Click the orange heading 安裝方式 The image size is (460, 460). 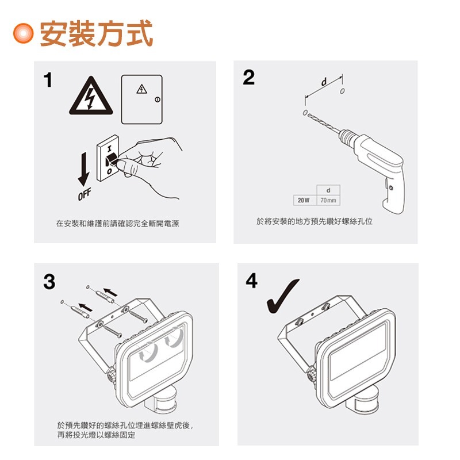(x=96, y=34)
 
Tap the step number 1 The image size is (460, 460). (x=49, y=79)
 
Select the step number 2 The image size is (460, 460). (x=248, y=78)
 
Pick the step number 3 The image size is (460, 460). (x=49, y=282)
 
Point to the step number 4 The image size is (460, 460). (x=251, y=281)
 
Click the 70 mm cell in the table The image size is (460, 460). (x=328, y=200)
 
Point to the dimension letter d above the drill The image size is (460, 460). (x=324, y=83)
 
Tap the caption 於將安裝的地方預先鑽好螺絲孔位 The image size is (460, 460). (x=314, y=221)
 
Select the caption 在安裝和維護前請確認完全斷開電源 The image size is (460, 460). (x=117, y=223)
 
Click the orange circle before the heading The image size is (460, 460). (x=24, y=34)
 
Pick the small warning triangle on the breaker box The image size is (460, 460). (x=141, y=89)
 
